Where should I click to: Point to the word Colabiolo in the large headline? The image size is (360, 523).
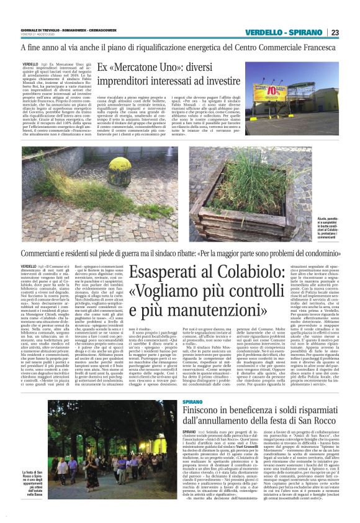(x=244, y=272)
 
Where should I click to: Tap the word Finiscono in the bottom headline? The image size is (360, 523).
(x=188, y=411)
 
